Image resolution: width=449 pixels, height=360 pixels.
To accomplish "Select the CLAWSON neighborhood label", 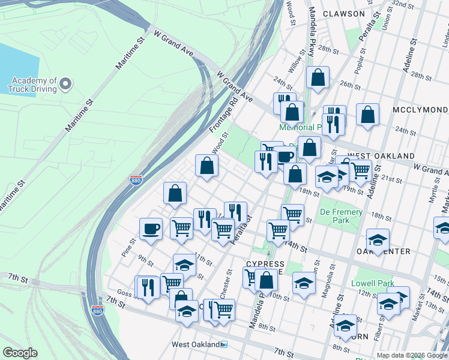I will pos(343,13).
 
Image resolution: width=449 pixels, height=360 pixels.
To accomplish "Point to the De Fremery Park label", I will pos(340,216).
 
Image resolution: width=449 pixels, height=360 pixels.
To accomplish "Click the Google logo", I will pos(20,353).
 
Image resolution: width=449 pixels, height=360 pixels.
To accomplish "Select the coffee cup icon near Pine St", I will pos(151,228).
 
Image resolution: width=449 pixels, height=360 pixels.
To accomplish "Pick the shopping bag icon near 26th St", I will pos(318,77).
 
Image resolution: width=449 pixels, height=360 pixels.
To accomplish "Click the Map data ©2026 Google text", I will pos(412,355).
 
